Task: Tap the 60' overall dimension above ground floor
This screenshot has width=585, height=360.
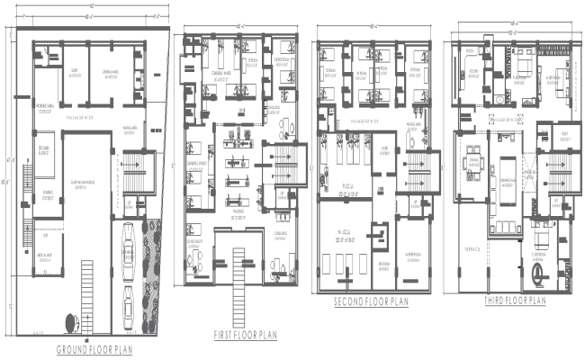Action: pyautogui.click(x=90, y=6)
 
